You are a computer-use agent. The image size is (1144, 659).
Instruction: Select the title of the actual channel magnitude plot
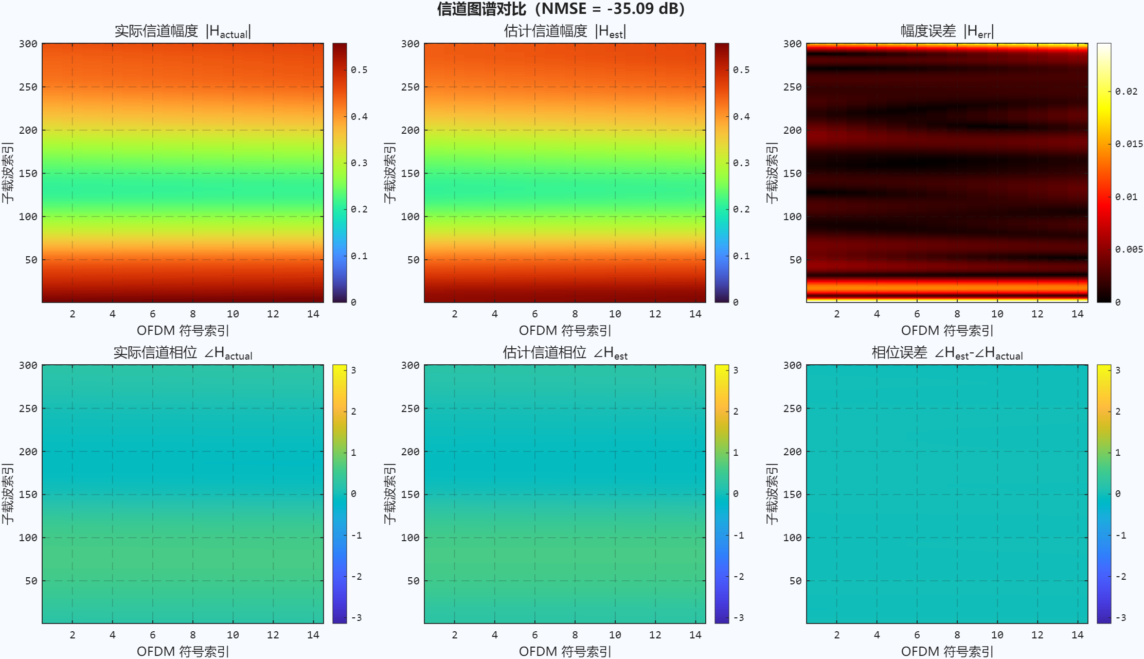click(x=183, y=31)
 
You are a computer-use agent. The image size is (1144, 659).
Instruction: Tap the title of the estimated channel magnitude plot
click(x=565, y=31)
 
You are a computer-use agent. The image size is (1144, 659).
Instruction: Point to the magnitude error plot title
click(x=947, y=31)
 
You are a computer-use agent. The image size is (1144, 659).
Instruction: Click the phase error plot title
click(x=947, y=353)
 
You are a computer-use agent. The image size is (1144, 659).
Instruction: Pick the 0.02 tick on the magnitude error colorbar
click(x=1126, y=92)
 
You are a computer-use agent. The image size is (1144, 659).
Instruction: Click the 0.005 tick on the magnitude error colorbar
click(x=1129, y=250)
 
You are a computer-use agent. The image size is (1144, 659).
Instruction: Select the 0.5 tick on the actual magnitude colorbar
click(x=359, y=70)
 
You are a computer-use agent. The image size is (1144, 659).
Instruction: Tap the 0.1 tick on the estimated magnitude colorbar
click(x=741, y=256)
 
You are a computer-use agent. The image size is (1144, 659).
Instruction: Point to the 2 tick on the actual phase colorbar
click(x=354, y=412)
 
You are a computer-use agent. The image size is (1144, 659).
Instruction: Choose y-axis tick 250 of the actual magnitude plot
click(x=28, y=87)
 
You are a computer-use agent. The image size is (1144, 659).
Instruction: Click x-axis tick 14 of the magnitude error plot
click(x=1077, y=314)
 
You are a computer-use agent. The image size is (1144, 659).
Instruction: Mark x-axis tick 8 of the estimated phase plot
click(x=575, y=635)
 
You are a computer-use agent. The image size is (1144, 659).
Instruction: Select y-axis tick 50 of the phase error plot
click(x=796, y=581)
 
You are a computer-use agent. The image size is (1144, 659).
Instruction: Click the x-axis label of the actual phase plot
click(x=183, y=651)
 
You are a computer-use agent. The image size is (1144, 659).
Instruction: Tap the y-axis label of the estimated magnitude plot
click(x=389, y=173)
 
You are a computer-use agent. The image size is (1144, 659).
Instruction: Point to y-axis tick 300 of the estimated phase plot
click(x=410, y=365)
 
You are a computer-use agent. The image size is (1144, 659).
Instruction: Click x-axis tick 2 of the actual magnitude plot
click(x=73, y=314)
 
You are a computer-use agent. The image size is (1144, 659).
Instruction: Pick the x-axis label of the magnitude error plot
click(x=947, y=330)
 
